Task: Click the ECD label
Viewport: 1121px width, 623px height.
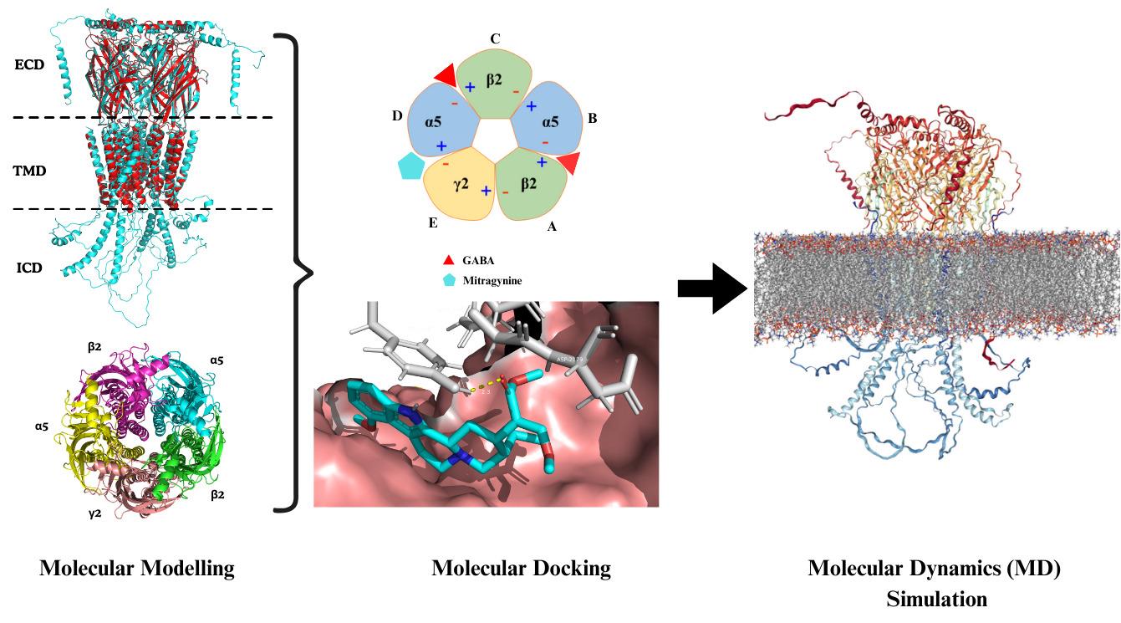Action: click(x=29, y=64)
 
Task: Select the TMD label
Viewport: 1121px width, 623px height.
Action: click(x=30, y=171)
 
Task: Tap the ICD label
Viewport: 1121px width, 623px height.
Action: click(x=28, y=268)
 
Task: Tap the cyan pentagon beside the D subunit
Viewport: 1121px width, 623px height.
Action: click(x=411, y=166)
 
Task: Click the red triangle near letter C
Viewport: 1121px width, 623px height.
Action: click(x=446, y=76)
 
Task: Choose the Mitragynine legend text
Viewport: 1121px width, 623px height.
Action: click(x=492, y=281)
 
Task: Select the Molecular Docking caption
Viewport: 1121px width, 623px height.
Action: click(x=521, y=569)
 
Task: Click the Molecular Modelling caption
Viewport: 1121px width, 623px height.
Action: click(x=137, y=569)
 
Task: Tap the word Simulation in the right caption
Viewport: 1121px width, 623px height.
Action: click(x=936, y=599)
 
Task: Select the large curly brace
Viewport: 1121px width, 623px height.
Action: click(x=297, y=272)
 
